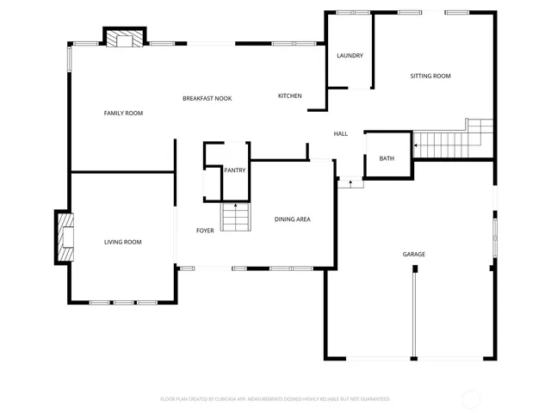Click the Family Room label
click(123, 114)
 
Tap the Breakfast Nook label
click(207, 99)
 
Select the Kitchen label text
click(289, 96)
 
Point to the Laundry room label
click(350, 56)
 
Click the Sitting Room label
click(430, 77)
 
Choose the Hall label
click(340, 133)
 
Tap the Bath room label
click(387, 158)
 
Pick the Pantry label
click(234, 170)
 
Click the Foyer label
click(205, 231)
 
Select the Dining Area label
click(292, 219)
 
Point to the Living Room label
click(123, 243)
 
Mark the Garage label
click(413, 255)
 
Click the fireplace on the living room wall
click(65, 237)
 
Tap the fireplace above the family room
click(125, 38)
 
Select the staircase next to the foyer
click(237, 219)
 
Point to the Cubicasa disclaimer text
click(275, 399)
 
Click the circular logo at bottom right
click(472, 398)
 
